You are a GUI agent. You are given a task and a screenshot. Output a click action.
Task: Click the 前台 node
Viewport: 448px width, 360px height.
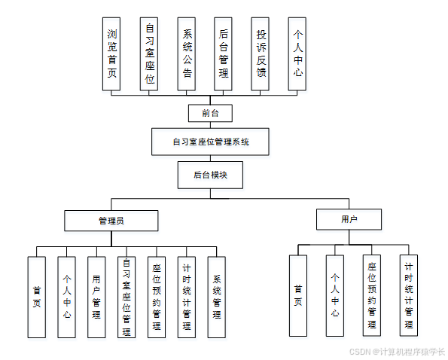(211, 113)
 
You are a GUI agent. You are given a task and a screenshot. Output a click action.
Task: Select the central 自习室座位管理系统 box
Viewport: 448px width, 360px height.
(211, 141)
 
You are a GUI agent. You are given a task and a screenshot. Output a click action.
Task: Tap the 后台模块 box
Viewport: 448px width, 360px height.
(210, 174)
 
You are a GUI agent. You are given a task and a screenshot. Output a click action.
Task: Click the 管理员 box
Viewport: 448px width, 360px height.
(111, 220)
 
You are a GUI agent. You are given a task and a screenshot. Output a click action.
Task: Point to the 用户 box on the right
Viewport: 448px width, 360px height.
(349, 219)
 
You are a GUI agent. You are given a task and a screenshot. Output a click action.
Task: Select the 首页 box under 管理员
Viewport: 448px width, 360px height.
(37, 297)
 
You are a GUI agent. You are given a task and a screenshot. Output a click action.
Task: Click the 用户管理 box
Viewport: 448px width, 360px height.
(96, 297)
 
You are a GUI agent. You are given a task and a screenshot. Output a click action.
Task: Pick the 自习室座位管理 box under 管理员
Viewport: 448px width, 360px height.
(126, 297)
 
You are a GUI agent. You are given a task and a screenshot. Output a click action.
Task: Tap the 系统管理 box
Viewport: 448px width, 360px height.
(216, 297)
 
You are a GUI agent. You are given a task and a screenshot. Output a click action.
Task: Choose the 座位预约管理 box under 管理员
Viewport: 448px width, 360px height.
(157, 297)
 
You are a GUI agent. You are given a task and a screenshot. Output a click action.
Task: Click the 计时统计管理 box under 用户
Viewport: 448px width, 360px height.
(409, 295)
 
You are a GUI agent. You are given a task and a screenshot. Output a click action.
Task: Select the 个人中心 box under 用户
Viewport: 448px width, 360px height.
(335, 295)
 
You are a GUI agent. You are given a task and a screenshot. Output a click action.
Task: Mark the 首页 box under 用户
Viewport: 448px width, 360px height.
(298, 295)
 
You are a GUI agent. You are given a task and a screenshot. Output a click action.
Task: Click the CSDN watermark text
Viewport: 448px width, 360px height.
(398, 352)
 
